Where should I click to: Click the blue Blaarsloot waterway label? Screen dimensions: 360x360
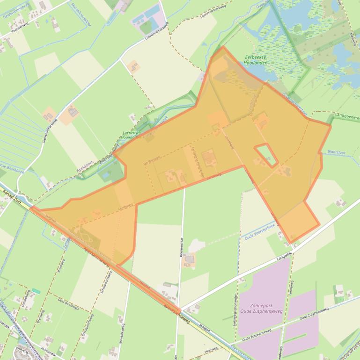click(337, 152)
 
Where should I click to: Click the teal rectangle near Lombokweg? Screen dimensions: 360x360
click(36, 291)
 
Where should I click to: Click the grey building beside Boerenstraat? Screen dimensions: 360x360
click(189, 259)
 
